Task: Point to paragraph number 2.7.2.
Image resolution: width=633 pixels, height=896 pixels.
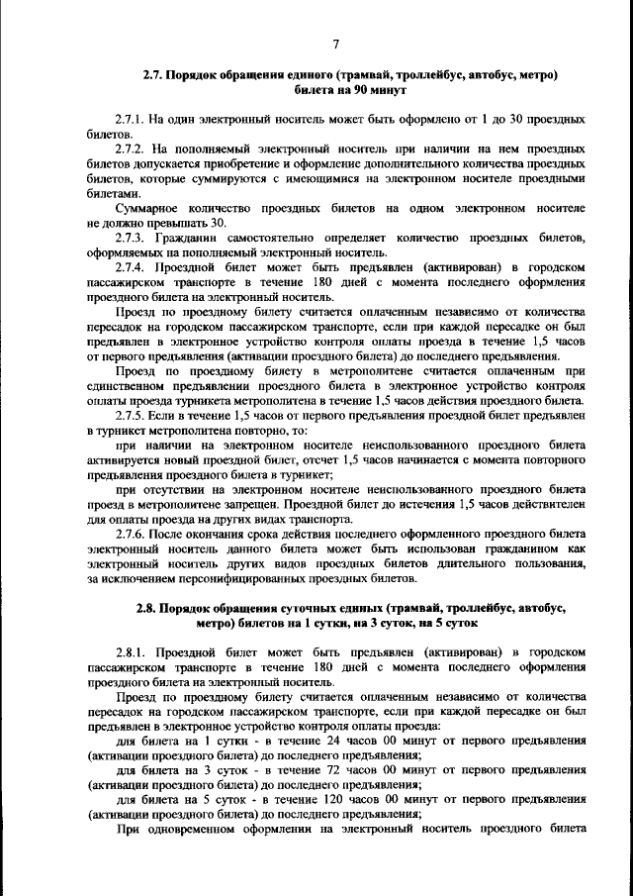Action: click(134, 147)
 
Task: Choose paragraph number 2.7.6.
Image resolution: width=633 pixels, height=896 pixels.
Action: click(134, 533)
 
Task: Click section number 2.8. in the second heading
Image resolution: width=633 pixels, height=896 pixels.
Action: click(150, 609)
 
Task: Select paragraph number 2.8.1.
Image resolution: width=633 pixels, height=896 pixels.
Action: click(134, 652)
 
